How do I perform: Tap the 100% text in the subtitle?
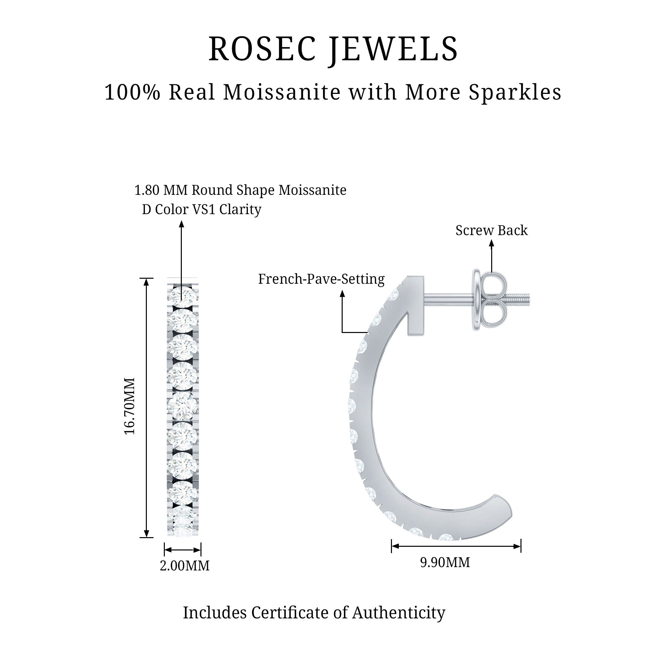point(133,92)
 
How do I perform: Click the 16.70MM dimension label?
point(130,406)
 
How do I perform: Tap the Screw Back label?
point(491,230)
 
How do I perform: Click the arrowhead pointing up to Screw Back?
point(492,243)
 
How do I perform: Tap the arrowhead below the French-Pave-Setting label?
point(342,294)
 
